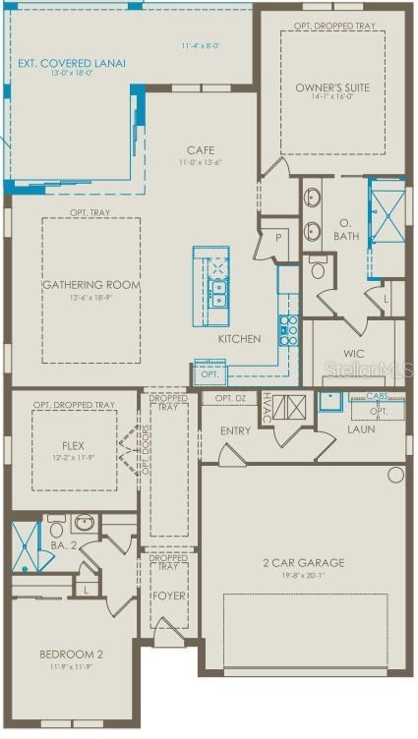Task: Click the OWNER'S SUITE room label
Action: point(332,87)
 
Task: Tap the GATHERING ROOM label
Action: point(90,285)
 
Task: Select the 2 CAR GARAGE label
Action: point(303,563)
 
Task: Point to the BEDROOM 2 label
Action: point(71,654)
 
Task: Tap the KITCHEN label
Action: point(240,339)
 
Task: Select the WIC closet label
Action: point(354,354)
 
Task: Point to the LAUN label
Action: point(362,429)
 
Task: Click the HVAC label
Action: point(267,407)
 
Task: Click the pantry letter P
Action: point(278,237)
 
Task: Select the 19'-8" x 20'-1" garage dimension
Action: point(303,576)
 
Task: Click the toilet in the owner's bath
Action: point(320,267)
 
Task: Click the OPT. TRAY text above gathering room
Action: point(90,213)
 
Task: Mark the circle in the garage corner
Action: point(395,475)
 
